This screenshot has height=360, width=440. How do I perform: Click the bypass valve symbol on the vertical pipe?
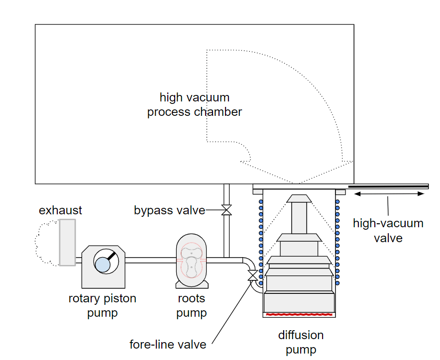pyautogui.click(x=226, y=210)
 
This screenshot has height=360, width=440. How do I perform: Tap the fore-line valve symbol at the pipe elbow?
pyautogui.click(x=252, y=275)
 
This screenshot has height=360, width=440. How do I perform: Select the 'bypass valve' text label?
pyautogui.click(x=169, y=210)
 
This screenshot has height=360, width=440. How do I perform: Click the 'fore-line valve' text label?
pyautogui.click(x=168, y=344)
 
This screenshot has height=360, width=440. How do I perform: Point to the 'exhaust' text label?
pyautogui.click(x=60, y=210)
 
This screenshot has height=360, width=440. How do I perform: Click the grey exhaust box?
pyautogui.click(x=67, y=242)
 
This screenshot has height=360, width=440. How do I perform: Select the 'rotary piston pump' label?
pyautogui.click(x=102, y=305)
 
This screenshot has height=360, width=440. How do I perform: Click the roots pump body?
pyautogui.click(x=191, y=261)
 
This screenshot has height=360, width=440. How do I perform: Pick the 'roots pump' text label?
pyautogui.click(x=191, y=305)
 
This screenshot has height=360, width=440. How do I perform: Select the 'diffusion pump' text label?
pyautogui.click(x=301, y=342)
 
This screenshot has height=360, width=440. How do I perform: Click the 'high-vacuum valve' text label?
pyautogui.click(x=388, y=230)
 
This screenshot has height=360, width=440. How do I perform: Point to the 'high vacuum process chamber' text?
pyautogui.click(x=194, y=104)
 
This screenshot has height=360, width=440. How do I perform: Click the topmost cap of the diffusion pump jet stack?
pyautogui.click(x=299, y=198)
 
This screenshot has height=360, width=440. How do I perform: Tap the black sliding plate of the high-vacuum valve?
pyautogui.click(x=388, y=186)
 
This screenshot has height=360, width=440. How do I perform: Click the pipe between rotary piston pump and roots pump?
pyautogui.click(x=150, y=260)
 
